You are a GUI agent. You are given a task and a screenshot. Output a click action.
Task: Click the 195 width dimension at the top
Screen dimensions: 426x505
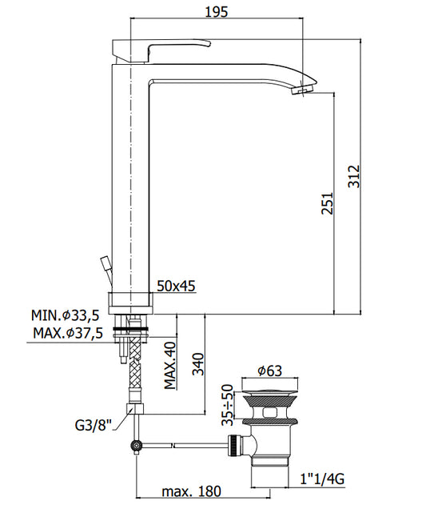[217, 12]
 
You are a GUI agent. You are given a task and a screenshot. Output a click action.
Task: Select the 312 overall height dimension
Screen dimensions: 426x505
[354, 176]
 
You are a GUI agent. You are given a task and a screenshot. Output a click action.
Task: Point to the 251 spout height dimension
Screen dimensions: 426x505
[327, 203]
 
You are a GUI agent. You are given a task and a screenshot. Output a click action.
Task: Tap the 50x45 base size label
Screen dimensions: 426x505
[176, 286]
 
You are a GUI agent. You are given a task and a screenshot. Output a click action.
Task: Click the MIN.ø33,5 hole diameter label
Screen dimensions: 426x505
[66, 315]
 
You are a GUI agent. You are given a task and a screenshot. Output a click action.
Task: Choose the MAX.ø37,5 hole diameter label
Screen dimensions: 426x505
[68, 333]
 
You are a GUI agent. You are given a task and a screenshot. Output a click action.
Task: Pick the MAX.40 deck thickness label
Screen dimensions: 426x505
[170, 365]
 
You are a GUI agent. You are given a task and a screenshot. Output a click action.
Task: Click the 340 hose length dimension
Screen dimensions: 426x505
[198, 364]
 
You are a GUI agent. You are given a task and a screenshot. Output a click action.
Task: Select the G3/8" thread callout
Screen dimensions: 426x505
[94, 425]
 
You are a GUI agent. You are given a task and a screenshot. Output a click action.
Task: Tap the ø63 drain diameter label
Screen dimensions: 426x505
[269, 371]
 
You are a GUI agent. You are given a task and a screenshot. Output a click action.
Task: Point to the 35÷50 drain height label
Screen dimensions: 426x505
[228, 405]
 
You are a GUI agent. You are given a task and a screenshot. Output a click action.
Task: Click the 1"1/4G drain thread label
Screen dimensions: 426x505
[322, 479]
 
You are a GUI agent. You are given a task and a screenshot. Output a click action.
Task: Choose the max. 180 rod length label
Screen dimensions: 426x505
[192, 491]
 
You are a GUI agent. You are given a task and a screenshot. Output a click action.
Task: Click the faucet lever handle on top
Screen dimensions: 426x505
[161, 51]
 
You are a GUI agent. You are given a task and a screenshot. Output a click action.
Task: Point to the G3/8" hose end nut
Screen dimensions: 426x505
[135, 409]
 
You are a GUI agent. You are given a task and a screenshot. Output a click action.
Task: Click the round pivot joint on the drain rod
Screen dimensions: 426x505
[136, 446]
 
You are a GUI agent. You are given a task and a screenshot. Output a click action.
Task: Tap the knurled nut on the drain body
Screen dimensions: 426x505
[233, 446]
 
